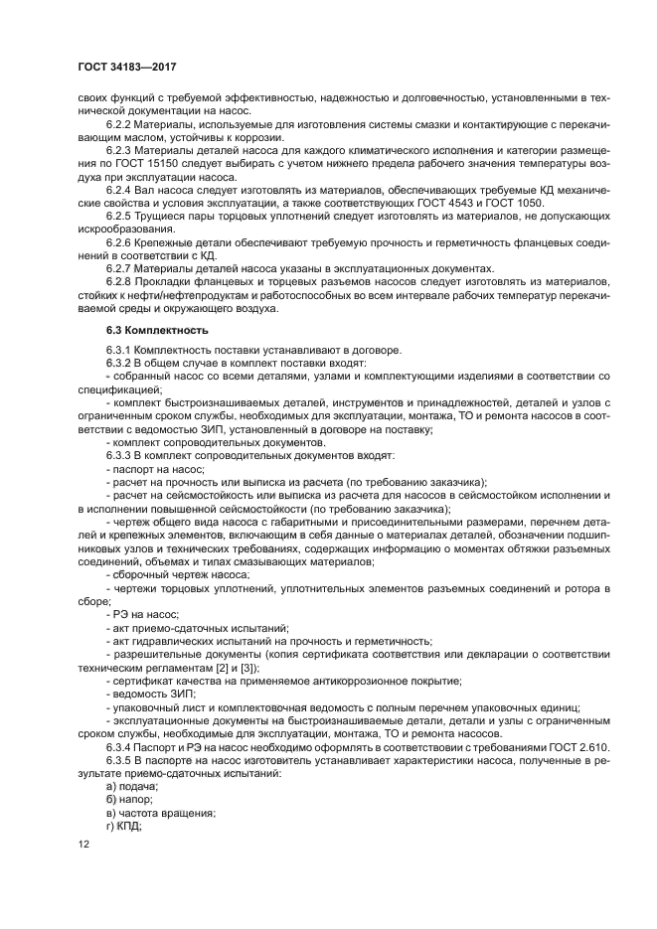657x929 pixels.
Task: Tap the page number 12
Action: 83,844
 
